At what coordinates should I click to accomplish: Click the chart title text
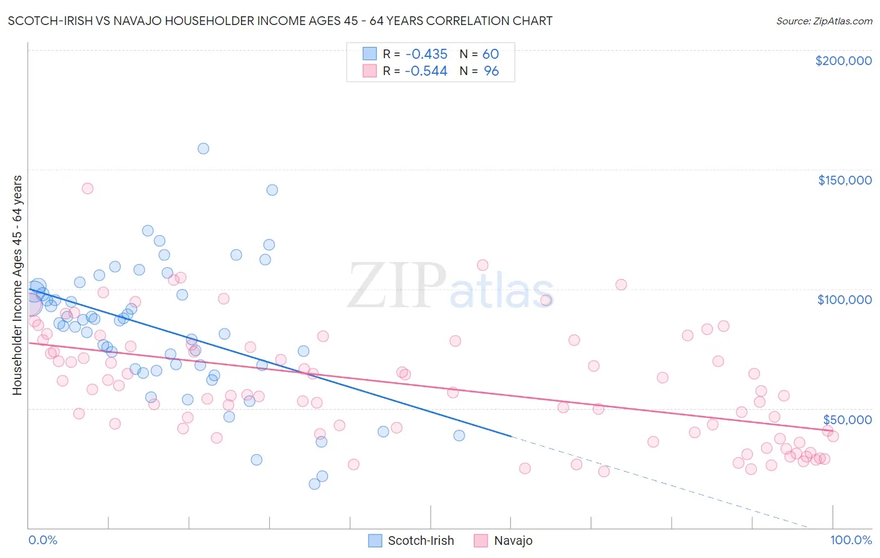point(280,21)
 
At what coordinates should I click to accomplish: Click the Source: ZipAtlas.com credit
point(824,21)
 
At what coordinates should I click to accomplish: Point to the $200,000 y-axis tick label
point(843,61)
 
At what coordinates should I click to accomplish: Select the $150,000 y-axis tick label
point(844,180)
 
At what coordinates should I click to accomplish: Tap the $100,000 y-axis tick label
point(844,300)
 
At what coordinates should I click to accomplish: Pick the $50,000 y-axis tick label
point(847,419)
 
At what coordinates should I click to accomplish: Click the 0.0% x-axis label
point(43,540)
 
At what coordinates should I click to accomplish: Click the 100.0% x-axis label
point(851,540)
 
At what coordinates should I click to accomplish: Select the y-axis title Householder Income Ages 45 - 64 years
point(18,285)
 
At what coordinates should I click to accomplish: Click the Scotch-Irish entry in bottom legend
point(411,540)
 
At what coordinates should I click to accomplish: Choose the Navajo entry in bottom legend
point(503,540)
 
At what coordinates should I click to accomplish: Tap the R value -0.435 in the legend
point(426,54)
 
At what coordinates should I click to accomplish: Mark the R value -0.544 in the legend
point(426,71)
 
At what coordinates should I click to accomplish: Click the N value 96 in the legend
point(491,71)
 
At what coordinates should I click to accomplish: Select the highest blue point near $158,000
point(203,149)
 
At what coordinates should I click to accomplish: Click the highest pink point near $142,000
point(88,188)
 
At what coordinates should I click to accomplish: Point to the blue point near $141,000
point(272,190)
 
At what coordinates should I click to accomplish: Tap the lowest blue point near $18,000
point(315,484)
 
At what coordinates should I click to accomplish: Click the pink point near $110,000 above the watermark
point(483,265)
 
